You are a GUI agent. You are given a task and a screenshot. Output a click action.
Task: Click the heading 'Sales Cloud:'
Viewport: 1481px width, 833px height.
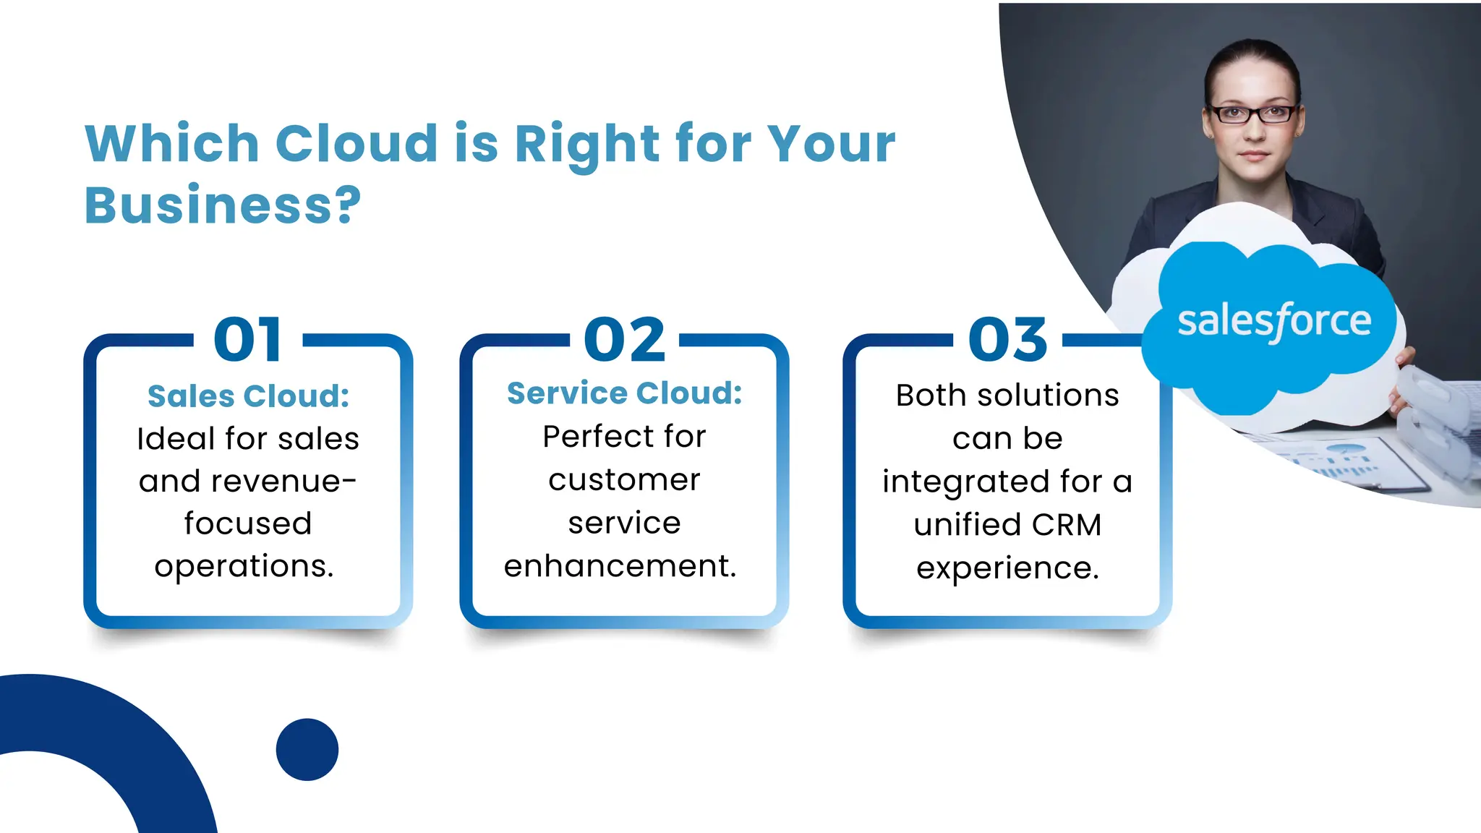pyautogui.click(x=248, y=396)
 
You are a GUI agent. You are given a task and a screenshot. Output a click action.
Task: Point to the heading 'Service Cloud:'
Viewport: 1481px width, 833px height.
pyautogui.click(x=624, y=393)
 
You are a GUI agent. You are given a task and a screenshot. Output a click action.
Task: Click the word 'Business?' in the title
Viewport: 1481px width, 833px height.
pyautogui.click(x=222, y=205)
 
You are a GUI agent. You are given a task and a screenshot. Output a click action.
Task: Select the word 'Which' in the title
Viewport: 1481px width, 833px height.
pyautogui.click(x=172, y=143)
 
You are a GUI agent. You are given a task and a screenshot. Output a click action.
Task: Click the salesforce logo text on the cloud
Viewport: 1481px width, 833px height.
pyautogui.click(x=1274, y=321)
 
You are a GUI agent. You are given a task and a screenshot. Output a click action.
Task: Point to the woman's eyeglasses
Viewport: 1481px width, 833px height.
pyautogui.click(x=1252, y=114)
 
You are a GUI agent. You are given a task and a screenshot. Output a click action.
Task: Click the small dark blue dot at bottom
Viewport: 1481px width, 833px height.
pyautogui.click(x=307, y=749)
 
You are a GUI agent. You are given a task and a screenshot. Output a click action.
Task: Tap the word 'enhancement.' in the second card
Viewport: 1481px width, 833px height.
pyautogui.click(x=620, y=565)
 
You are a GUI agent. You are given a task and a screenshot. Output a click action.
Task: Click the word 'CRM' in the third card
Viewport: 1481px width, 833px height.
pyautogui.click(x=1067, y=525)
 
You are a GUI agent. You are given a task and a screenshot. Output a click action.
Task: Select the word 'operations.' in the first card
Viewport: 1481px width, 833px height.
pyautogui.click(x=244, y=566)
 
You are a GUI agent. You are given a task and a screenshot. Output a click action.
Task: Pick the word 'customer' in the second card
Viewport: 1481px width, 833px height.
pyautogui.click(x=624, y=480)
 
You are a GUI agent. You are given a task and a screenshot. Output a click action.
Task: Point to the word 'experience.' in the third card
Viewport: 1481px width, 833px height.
pyautogui.click(x=1007, y=568)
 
